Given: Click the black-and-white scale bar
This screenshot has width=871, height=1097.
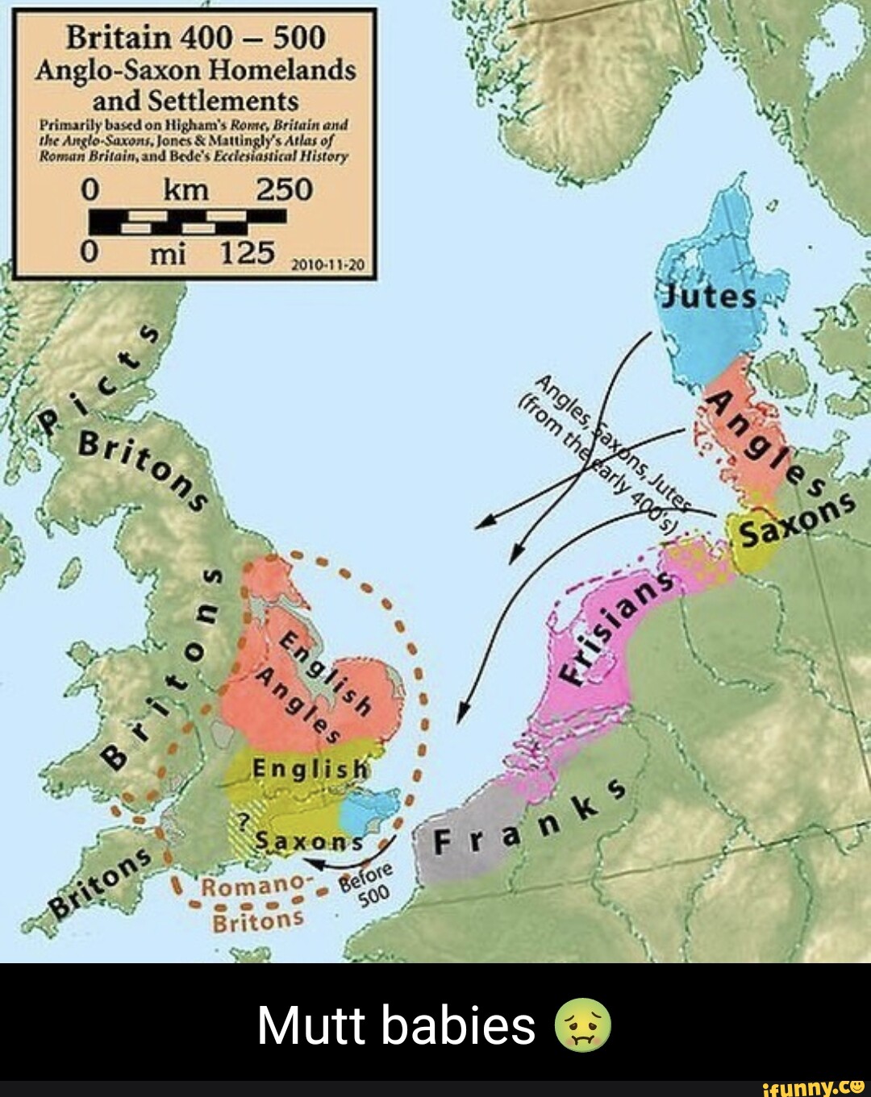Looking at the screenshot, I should click(x=187, y=221).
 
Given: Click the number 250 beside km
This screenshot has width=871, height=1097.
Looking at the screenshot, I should click(x=283, y=189).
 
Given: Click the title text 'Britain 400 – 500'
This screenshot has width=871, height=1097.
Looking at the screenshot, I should click(x=195, y=38).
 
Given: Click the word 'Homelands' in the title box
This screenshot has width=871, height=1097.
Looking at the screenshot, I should click(x=281, y=70).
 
